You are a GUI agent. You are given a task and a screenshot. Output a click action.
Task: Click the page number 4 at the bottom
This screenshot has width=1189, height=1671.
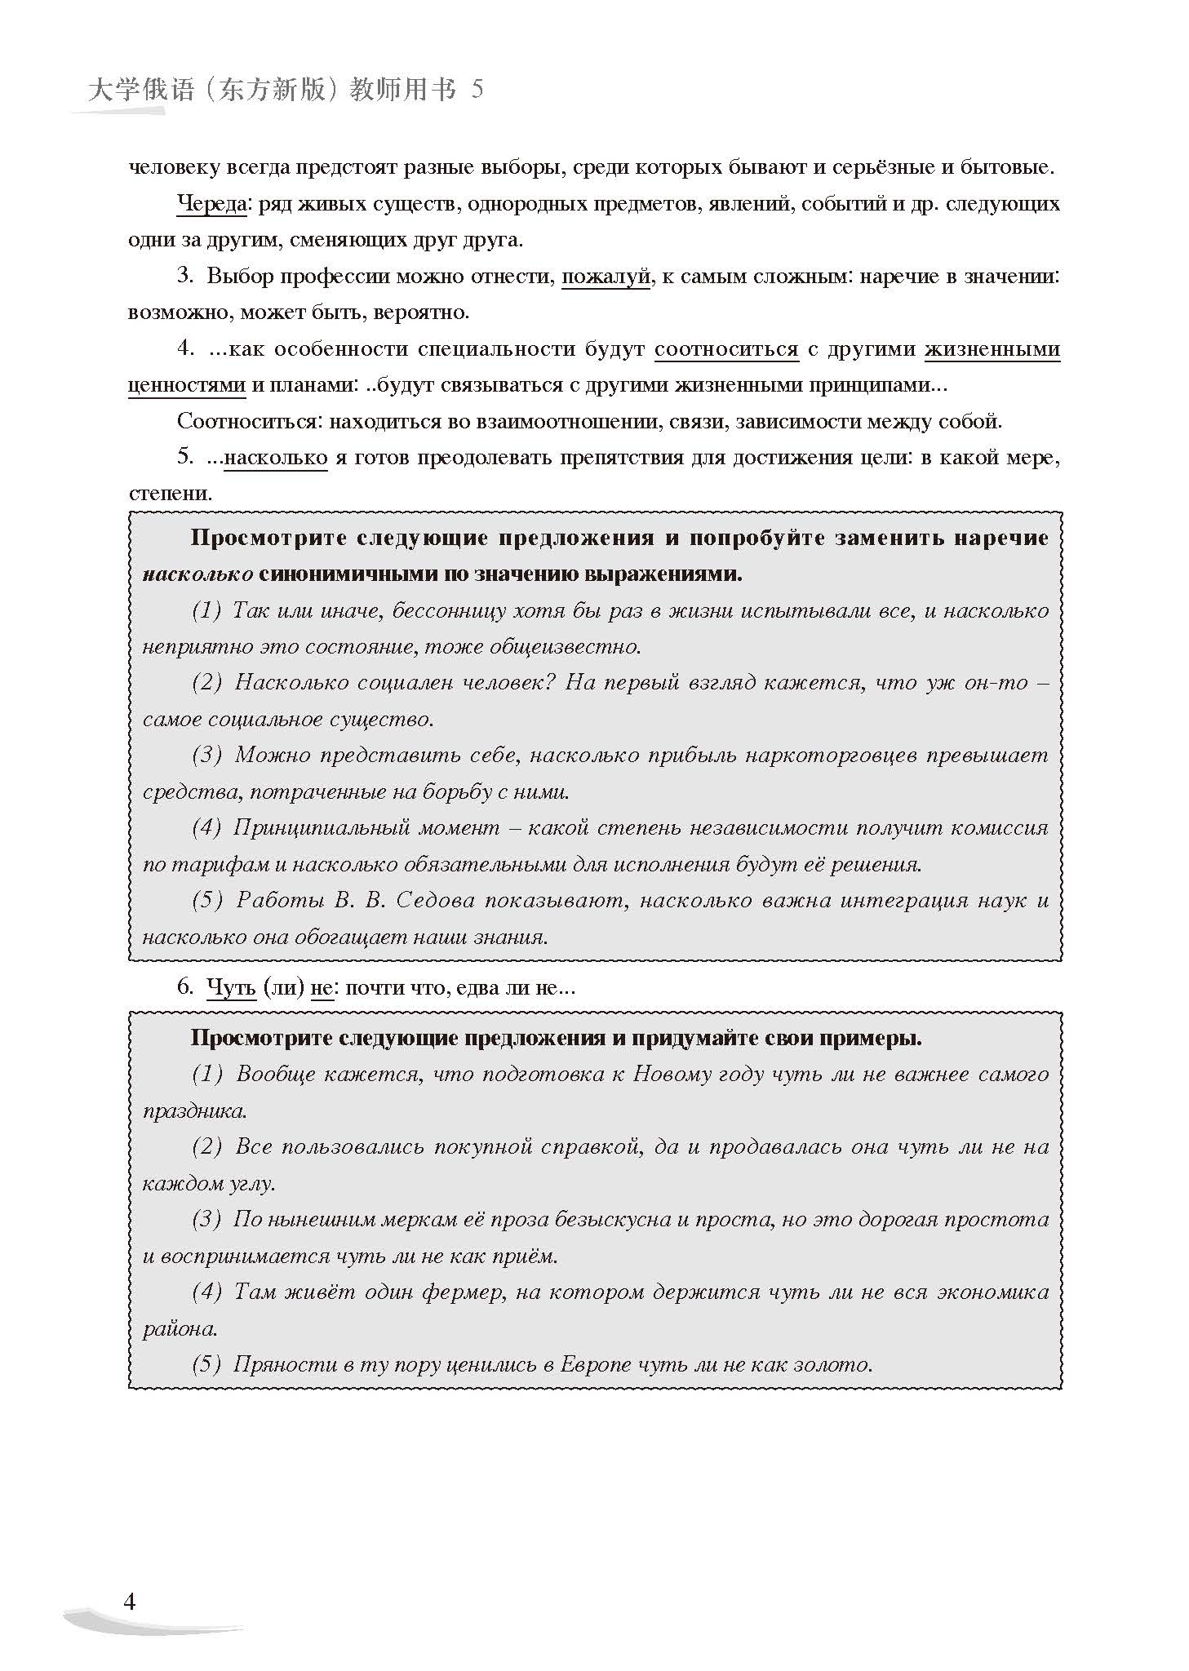pyautogui.click(x=129, y=1601)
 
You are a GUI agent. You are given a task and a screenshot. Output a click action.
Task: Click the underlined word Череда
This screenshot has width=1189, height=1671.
pyautogui.click(x=211, y=204)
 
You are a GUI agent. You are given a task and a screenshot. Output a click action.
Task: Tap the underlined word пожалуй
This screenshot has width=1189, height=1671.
pyautogui.click(x=606, y=277)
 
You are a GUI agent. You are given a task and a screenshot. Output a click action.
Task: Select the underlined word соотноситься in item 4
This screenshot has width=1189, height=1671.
pyautogui.click(x=726, y=349)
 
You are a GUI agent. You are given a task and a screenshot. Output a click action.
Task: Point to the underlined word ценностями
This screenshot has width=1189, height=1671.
pyautogui.click(x=187, y=385)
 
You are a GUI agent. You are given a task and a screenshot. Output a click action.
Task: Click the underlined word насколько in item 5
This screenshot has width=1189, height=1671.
pyautogui.click(x=276, y=458)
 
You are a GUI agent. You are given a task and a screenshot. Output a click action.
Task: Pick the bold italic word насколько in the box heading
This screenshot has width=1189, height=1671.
pyautogui.click(x=197, y=574)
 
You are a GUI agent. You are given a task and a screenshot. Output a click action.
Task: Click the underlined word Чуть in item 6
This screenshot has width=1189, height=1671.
pyautogui.click(x=232, y=987)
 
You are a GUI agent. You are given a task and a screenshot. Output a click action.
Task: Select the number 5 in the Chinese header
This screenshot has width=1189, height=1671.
pyautogui.click(x=477, y=90)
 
